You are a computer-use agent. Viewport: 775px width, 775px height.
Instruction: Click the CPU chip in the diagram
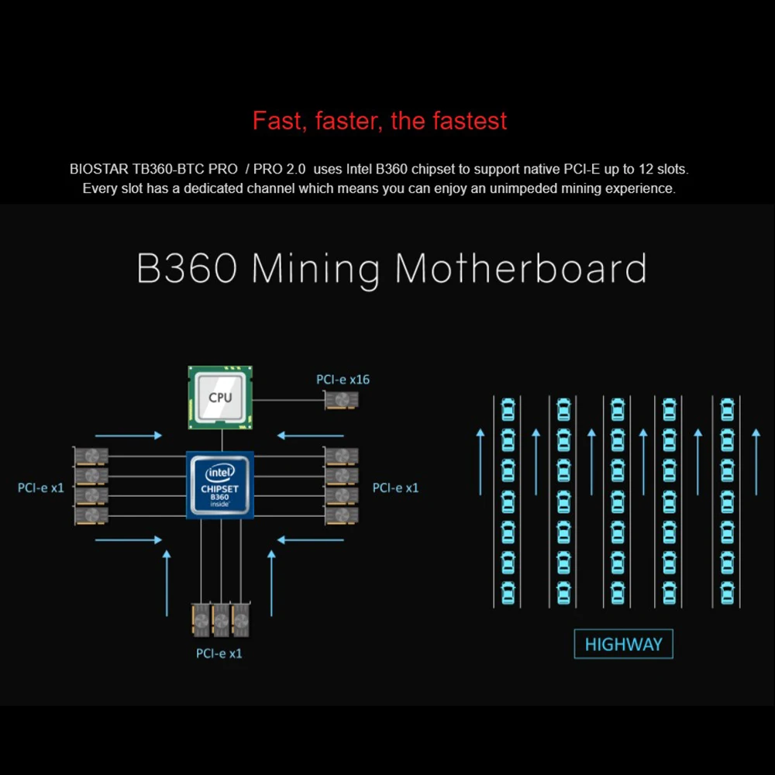click(221, 398)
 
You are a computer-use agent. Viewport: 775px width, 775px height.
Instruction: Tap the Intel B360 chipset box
click(221, 485)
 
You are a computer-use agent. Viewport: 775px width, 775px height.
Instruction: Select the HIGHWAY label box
click(623, 644)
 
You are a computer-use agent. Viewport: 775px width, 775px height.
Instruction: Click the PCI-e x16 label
click(343, 379)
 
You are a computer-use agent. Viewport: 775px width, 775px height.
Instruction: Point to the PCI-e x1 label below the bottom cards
click(219, 653)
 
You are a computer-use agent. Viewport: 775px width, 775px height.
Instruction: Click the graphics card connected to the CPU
click(342, 400)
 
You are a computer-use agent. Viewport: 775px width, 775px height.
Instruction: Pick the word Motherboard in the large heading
click(520, 268)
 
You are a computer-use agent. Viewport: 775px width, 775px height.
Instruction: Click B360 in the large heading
click(187, 268)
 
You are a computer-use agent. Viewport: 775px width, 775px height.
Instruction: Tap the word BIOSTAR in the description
click(102, 168)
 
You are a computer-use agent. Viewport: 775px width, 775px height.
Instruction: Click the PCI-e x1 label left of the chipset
click(41, 487)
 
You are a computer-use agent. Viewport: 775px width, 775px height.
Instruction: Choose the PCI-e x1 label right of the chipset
click(395, 487)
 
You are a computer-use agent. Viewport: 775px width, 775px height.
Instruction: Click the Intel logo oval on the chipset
click(220, 472)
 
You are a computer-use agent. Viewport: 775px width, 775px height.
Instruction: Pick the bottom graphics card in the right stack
click(342, 515)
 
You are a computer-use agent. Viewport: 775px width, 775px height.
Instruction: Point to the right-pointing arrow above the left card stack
click(128, 436)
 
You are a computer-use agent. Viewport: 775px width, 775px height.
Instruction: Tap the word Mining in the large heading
click(316, 268)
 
